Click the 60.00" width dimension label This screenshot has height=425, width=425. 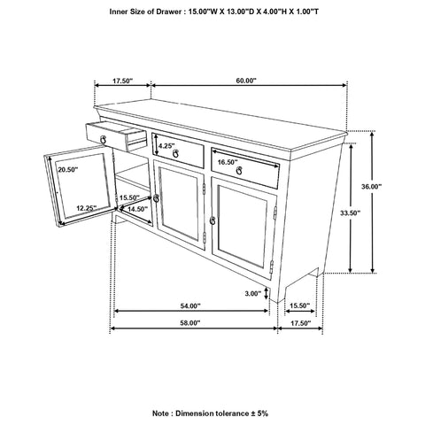pos(245,81)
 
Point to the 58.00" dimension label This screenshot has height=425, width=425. pos(189,323)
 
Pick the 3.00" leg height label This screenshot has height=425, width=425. pos(252,293)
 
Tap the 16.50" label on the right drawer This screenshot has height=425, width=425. pos(228,162)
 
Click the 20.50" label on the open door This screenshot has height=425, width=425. pos(68,168)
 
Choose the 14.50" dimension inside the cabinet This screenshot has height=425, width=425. pos(136,209)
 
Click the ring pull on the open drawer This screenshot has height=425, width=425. pos(106,139)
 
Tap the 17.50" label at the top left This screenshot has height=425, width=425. pos(121,81)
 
